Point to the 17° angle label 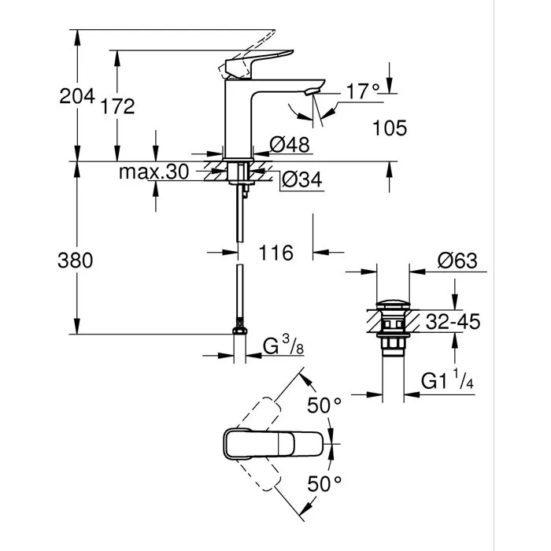click(363, 91)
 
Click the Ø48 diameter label click(287, 144)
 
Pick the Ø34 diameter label click(300, 179)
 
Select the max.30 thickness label click(153, 172)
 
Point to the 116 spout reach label click(275, 253)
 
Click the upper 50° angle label click(324, 405)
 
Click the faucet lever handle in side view click(256, 59)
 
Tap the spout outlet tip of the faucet click(310, 94)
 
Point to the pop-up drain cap click(391, 304)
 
